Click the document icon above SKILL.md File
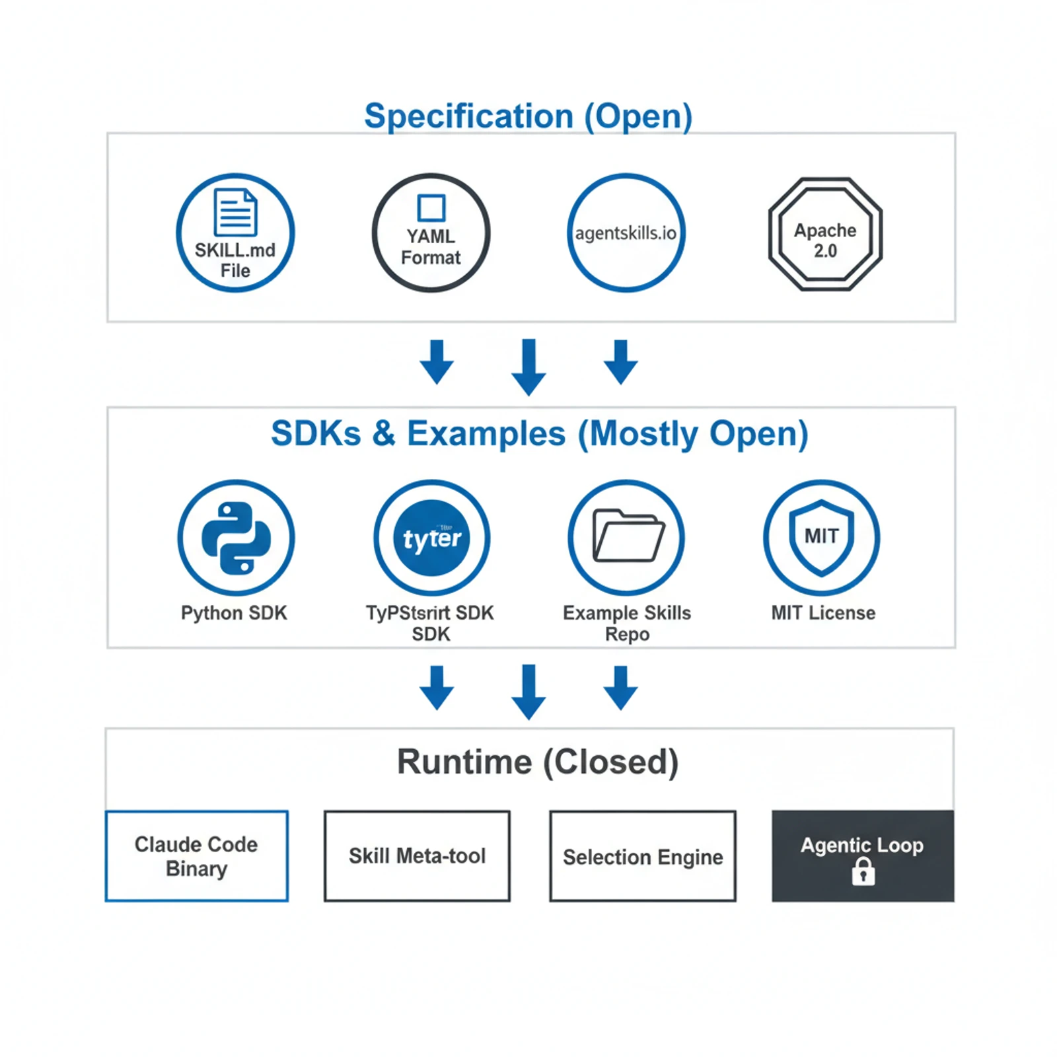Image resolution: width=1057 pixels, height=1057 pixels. click(235, 212)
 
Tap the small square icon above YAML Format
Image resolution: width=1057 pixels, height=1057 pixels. click(431, 208)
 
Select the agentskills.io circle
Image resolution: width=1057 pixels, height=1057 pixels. click(626, 233)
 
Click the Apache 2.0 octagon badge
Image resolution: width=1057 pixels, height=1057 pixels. click(825, 234)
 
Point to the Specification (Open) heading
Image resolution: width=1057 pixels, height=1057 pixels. click(528, 116)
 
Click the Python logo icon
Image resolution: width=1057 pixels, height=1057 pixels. click(236, 538)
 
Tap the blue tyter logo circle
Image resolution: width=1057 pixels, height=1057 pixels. click(432, 538)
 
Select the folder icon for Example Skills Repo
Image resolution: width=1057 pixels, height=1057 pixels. click(628, 536)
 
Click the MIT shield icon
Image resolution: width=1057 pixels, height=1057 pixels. click(821, 536)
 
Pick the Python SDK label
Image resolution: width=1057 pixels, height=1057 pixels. click(234, 613)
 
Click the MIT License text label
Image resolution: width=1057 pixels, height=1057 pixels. click(823, 613)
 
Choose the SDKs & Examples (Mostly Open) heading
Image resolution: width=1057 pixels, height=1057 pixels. click(539, 434)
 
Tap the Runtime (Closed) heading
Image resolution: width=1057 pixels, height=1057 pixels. click(537, 762)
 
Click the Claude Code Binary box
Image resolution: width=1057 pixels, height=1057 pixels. click(197, 856)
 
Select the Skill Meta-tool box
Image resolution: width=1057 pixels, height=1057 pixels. click(417, 856)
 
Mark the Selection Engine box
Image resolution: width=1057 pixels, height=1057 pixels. click(642, 856)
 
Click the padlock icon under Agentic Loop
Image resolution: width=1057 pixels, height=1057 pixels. click(863, 872)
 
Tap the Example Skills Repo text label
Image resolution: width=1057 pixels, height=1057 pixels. click(627, 624)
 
